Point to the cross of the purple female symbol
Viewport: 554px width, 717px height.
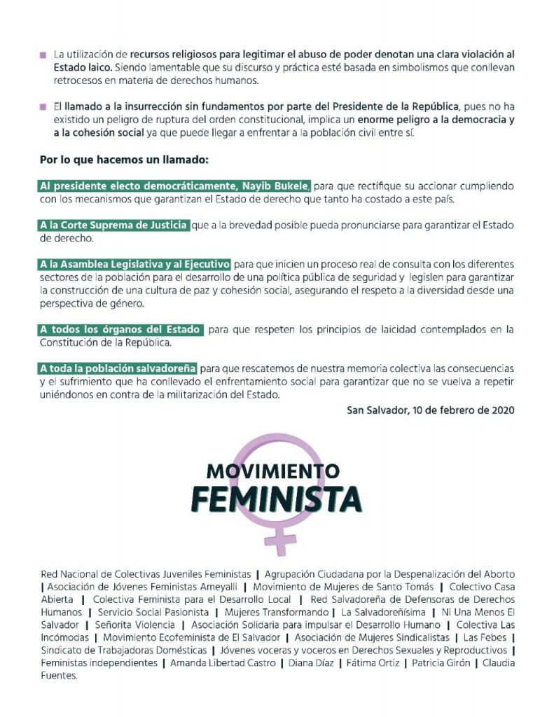click(284, 540)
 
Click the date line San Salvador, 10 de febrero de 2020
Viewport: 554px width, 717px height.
click(431, 410)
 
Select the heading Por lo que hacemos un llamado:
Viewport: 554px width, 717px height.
click(124, 160)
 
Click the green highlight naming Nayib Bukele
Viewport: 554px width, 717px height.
click(175, 186)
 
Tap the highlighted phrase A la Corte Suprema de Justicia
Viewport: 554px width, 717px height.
click(114, 225)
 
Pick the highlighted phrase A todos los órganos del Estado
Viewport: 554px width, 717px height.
click(121, 329)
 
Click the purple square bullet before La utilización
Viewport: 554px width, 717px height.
click(43, 54)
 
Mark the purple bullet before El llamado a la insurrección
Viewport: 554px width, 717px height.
click(43, 107)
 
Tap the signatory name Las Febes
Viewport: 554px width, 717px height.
click(487, 637)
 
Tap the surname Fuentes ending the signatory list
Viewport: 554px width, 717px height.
click(58, 676)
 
